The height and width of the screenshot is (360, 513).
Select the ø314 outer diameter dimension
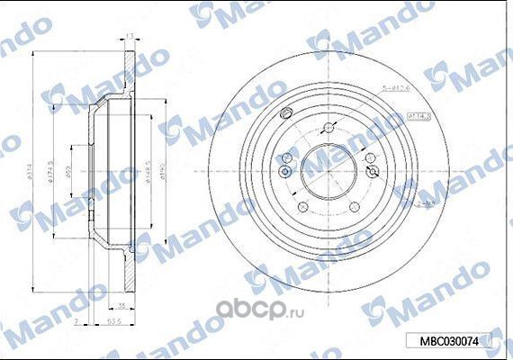click(32, 171)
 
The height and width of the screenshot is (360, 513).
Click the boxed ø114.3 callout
click(419, 116)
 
